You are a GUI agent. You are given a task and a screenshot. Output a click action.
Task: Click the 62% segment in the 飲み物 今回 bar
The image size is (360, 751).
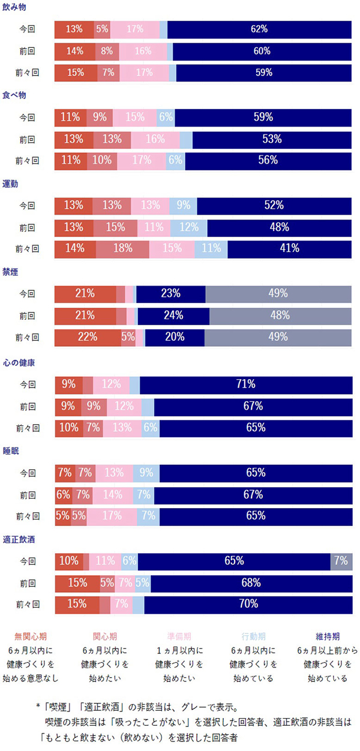[x=260, y=29]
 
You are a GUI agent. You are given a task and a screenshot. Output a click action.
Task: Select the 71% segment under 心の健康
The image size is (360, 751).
[x=246, y=384]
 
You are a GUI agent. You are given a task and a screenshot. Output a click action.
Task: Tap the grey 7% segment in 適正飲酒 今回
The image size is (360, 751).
[x=341, y=561]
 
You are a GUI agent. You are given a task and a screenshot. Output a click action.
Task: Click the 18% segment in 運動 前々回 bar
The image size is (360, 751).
[x=122, y=248]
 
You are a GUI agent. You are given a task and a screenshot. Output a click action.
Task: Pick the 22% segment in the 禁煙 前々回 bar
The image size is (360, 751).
[x=88, y=337]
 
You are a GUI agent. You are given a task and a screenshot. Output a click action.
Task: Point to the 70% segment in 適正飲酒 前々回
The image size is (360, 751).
[x=248, y=604]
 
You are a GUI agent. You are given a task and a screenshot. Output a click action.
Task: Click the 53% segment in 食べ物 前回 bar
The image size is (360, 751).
[x=272, y=139]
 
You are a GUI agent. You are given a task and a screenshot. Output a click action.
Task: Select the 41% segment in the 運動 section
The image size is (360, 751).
[x=289, y=248]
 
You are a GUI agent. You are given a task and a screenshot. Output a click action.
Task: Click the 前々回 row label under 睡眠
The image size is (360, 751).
[x=27, y=516]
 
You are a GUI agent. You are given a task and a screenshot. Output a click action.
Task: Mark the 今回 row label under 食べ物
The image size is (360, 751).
[x=27, y=118]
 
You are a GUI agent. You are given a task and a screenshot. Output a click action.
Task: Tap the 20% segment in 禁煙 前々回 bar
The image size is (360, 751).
[x=175, y=337]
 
